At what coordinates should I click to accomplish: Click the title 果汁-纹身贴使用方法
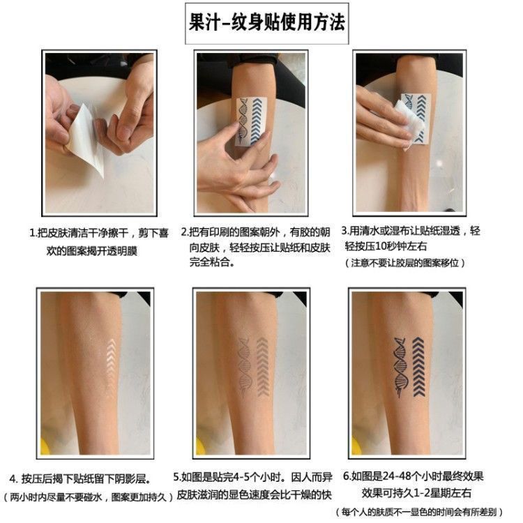coord(266,23)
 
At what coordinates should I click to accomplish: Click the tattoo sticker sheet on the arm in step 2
coord(251,122)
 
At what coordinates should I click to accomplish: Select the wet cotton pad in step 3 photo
coord(409,124)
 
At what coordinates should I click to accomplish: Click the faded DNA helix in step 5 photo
coord(245,365)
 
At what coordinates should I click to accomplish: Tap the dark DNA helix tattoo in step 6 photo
coord(400,367)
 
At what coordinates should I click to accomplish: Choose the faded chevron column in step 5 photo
coord(263,366)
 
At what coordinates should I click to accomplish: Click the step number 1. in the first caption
coord(33,233)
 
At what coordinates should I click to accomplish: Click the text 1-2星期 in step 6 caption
coord(430,493)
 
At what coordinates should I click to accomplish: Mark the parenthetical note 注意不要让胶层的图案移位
coord(405,263)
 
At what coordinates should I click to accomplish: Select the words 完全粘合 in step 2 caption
coord(210,262)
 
